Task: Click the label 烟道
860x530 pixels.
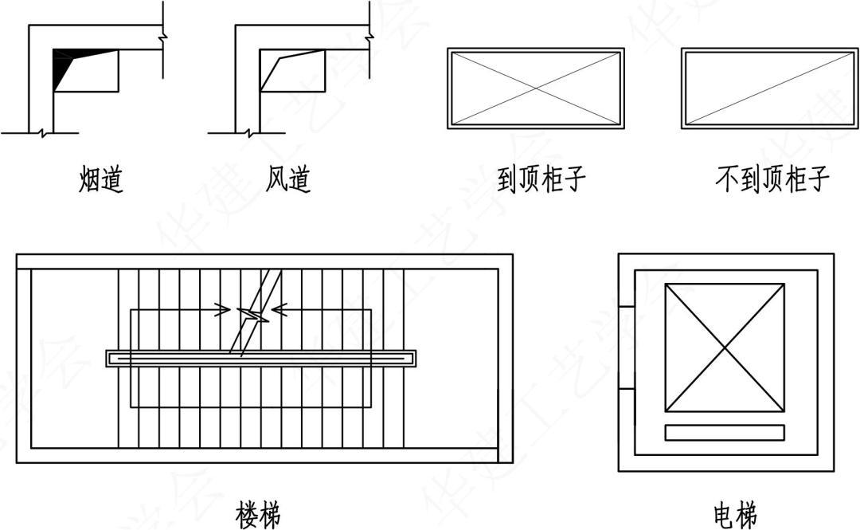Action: pyautogui.click(x=101, y=179)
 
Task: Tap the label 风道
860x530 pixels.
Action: pyautogui.click(x=288, y=179)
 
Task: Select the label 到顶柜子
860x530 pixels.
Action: pyautogui.click(x=541, y=179)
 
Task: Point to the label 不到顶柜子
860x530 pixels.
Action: pyautogui.click(x=772, y=179)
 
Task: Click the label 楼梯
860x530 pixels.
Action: pyautogui.click(x=258, y=515)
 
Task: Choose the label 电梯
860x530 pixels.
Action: pyautogui.click(x=736, y=515)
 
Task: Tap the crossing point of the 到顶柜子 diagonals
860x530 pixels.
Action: pyautogui.click(x=536, y=88)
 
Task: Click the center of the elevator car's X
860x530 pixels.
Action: pyautogui.click(x=725, y=347)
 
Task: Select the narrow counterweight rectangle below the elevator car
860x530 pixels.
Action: pyautogui.click(x=725, y=433)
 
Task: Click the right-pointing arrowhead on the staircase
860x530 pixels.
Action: pyautogui.click(x=222, y=310)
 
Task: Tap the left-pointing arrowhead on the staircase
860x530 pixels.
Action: pyautogui.click(x=279, y=310)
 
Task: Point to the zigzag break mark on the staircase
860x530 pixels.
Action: pyautogui.click(x=253, y=315)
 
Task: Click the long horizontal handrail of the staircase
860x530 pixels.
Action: pyautogui.click(x=261, y=359)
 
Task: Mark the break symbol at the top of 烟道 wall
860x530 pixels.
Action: pyautogui.click(x=163, y=37)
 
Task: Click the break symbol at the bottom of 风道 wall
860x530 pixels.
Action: pyautogui.click(x=248, y=132)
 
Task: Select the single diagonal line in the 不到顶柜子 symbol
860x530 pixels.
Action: pyautogui.click(x=769, y=88)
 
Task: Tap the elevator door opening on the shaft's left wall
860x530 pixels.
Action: pyautogui.click(x=627, y=347)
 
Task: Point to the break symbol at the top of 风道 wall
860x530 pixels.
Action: pyautogui.click(x=369, y=37)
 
